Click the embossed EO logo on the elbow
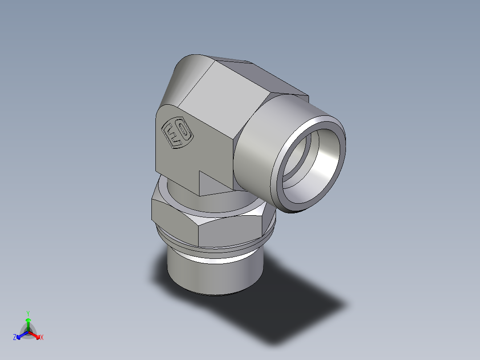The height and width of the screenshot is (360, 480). [176, 132]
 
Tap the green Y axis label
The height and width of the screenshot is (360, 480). [28, 313]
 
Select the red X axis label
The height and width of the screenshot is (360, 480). [42, 338]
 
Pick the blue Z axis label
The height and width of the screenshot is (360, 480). [15, 338]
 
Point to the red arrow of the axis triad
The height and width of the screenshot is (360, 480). [36, 335]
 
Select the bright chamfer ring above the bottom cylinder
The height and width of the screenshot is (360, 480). [214, 257]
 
